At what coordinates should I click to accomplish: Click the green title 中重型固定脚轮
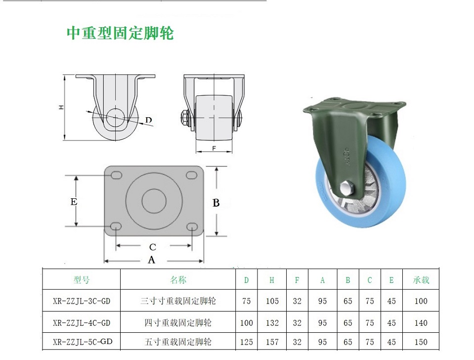[120, 33]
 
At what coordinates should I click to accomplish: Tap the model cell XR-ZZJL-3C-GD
[82, 301]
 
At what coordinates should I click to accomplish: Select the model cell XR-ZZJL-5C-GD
[83, 342]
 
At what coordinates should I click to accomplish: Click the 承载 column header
[421, 280]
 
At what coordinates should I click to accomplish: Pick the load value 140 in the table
[421, 323]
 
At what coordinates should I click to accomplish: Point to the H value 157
[272, 342]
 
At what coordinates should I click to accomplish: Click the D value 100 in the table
[246, 323]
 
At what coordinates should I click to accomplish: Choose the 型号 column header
[82, 280]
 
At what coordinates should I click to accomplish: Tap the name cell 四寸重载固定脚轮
[178, 323]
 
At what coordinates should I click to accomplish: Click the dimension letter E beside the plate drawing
[74, 201]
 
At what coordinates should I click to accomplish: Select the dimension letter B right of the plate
[216, 203]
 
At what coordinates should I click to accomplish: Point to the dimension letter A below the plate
[151, 260]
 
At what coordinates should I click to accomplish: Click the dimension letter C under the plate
[153, 247]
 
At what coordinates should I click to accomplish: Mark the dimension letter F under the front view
[214, 148]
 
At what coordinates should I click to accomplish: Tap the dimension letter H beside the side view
[61, 107]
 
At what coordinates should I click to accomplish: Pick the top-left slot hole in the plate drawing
[116, 176]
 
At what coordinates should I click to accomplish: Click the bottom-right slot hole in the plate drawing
[192, 226]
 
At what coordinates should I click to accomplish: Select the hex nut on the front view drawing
[184, 118]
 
